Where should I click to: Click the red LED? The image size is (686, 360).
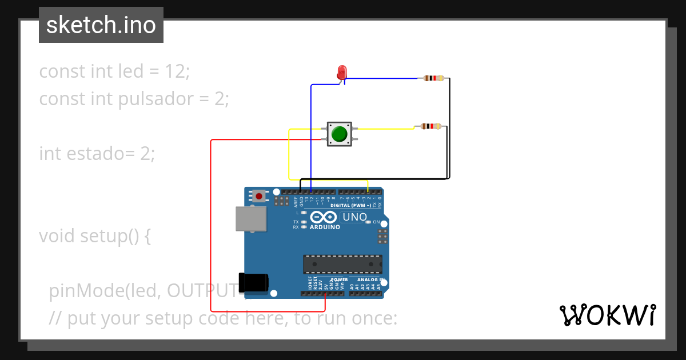click(342, 73)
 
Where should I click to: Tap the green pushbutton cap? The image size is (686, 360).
click(339, 134)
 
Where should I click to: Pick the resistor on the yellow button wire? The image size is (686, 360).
click(430, 126)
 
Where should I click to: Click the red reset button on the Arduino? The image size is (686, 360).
click(259, 196)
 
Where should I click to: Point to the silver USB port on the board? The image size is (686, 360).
click(251, 219)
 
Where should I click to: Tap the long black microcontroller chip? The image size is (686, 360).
click(342, 265)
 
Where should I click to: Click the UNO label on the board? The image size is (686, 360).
click(354, 217)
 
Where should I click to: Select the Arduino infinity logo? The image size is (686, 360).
click(324, 217)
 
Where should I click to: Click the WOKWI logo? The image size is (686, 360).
click(607, 315)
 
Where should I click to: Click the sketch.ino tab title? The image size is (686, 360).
click(101, 25)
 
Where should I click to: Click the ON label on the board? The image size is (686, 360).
click(376, 222)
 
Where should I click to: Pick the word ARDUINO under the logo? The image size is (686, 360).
click(324, 227)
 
